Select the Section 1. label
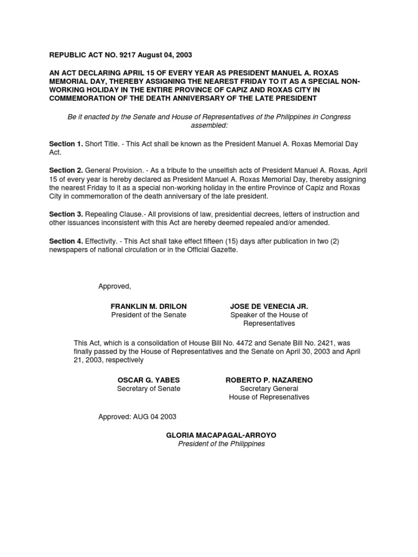click(66, 144)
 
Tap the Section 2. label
click(66, 170)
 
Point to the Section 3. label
click(66, 214)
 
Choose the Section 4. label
click(66, 241)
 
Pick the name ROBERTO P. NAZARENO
click(269, 380)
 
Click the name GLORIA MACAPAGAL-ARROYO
click(217, 436)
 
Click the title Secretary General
click(269, 388)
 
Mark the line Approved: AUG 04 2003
click(137, 417)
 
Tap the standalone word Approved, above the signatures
click(115, 287)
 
